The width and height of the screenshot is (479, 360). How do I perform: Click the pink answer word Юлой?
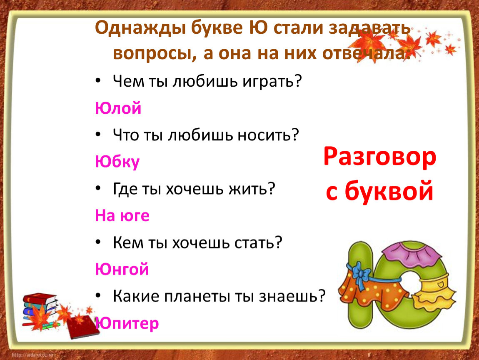click(x=118, y=108)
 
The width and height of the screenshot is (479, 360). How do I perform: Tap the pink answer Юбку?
click(x=117, y=162)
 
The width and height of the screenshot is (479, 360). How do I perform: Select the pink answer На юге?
click(x=122, y=215)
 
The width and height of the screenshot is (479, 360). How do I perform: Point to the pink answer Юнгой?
click(x=122, y=269)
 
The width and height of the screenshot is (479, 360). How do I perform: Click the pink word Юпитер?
click(x=127, y=323)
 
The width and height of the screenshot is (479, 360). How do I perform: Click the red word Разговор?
click(x=380, y=157)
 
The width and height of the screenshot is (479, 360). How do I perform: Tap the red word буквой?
click(x=389, y=190)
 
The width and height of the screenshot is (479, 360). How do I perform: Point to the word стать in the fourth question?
click(x=258, y=242)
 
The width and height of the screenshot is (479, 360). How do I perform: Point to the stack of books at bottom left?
click(x=40, y=309)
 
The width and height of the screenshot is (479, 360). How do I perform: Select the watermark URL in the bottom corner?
click(x=32, y=355)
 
